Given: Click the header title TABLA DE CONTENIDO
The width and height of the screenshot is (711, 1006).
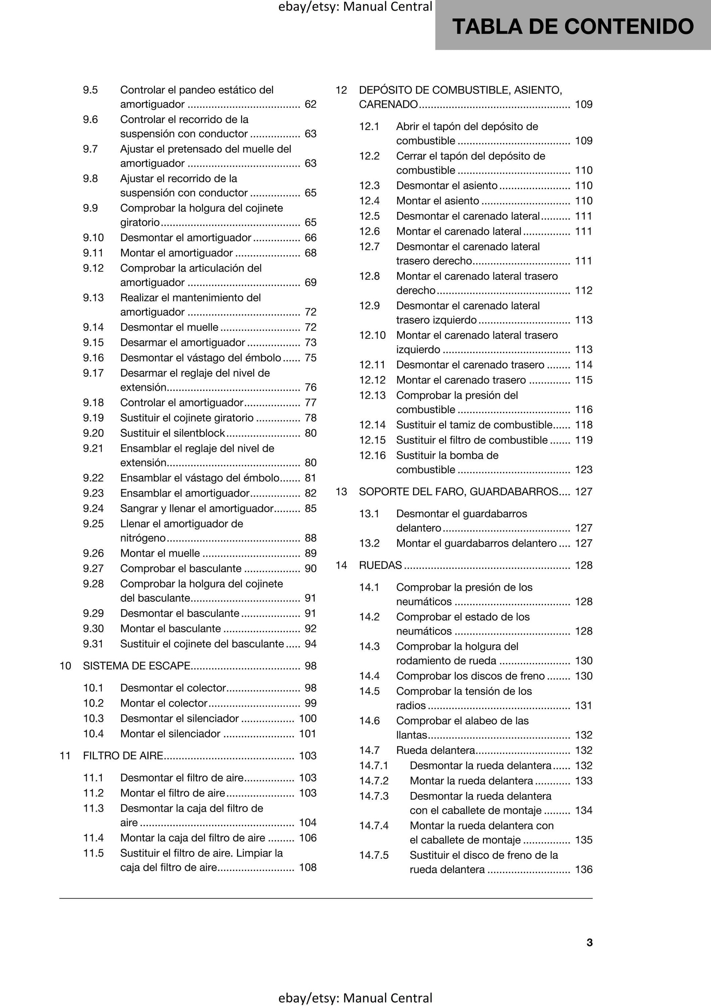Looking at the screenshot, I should click(573, 26).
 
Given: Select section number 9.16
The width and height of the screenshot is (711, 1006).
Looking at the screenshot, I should click(94, 358).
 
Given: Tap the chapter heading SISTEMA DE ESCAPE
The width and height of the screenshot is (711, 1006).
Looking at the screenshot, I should click(136, 666).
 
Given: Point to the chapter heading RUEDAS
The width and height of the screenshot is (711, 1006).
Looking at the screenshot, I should click(380, 565).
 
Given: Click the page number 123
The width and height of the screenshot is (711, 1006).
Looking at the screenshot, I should click(583, 470).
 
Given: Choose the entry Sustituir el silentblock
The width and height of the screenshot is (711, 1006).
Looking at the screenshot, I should click(172, 433).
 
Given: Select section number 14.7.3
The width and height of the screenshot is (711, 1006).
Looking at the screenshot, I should click(373, 796).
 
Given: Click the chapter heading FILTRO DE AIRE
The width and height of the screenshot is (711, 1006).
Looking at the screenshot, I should click(123, 756).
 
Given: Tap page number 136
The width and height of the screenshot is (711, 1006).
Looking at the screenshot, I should click(583, 870).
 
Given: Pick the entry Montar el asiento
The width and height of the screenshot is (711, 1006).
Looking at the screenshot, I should click(437, 201).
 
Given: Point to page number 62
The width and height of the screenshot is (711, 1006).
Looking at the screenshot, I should click(310, 104).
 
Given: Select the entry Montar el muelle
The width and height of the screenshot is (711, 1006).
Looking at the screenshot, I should click(160, 553).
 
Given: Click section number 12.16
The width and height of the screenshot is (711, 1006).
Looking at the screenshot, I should click(372, 456).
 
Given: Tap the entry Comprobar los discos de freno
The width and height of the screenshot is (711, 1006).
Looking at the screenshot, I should click(470, 676).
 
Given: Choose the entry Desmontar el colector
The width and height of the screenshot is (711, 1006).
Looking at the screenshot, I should click(173, 688).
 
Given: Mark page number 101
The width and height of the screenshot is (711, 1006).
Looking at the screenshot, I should click(307, 734).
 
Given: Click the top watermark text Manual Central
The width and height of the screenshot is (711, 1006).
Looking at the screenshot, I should click(388, 7).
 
